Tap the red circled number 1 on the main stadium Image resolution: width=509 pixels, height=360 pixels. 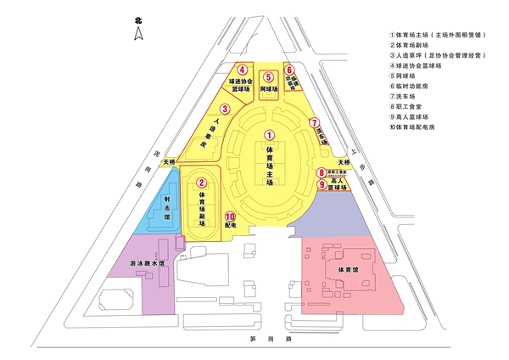pos(268,134)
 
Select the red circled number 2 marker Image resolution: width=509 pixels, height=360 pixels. pos(201,181)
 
